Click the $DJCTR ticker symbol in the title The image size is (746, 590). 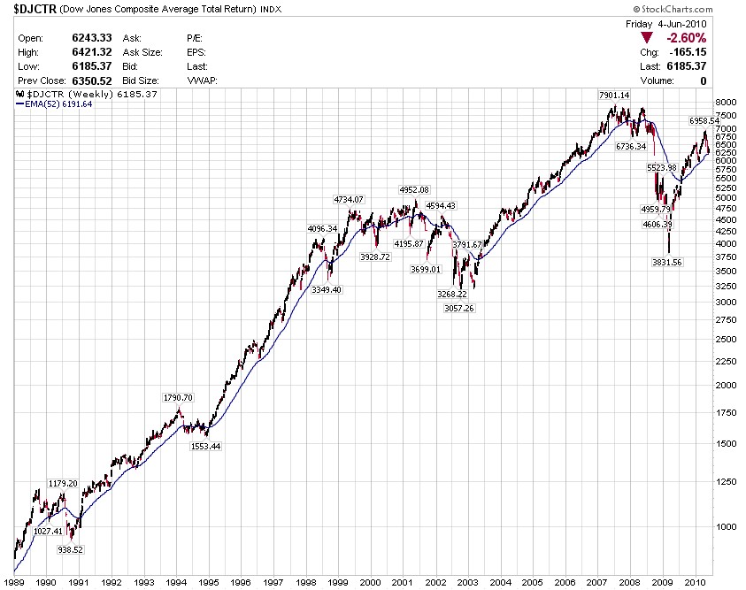pyautogui.click(x=35, y=9)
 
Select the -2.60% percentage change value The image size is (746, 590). pyautogui.click(x=686, y=38)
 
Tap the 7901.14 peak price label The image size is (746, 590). pyautogui.click(x=613, y=96)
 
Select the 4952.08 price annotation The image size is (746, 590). pyautogui.click(x=413, y=190)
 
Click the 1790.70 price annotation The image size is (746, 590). pyautogui.click(x=178, y=398)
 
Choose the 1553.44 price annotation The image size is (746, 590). pyautogui.click(x=205, y=447)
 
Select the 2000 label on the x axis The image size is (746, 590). pyautogui.click(x=370, y=583)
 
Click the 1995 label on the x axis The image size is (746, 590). pyautogui.click(x=209, y=583)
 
